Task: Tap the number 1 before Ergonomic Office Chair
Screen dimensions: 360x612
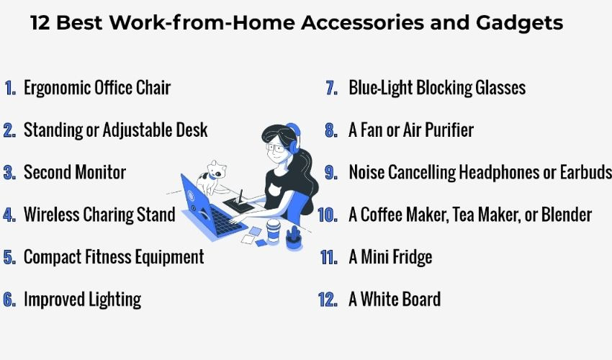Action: tap(10, 89)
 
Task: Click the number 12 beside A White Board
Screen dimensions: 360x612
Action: tap(328, 300)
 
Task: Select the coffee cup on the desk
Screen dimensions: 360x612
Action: tap(273, 232)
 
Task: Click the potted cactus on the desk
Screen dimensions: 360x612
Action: tap(294, 236)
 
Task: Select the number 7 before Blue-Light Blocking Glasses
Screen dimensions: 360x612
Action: tap(331, 89)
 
